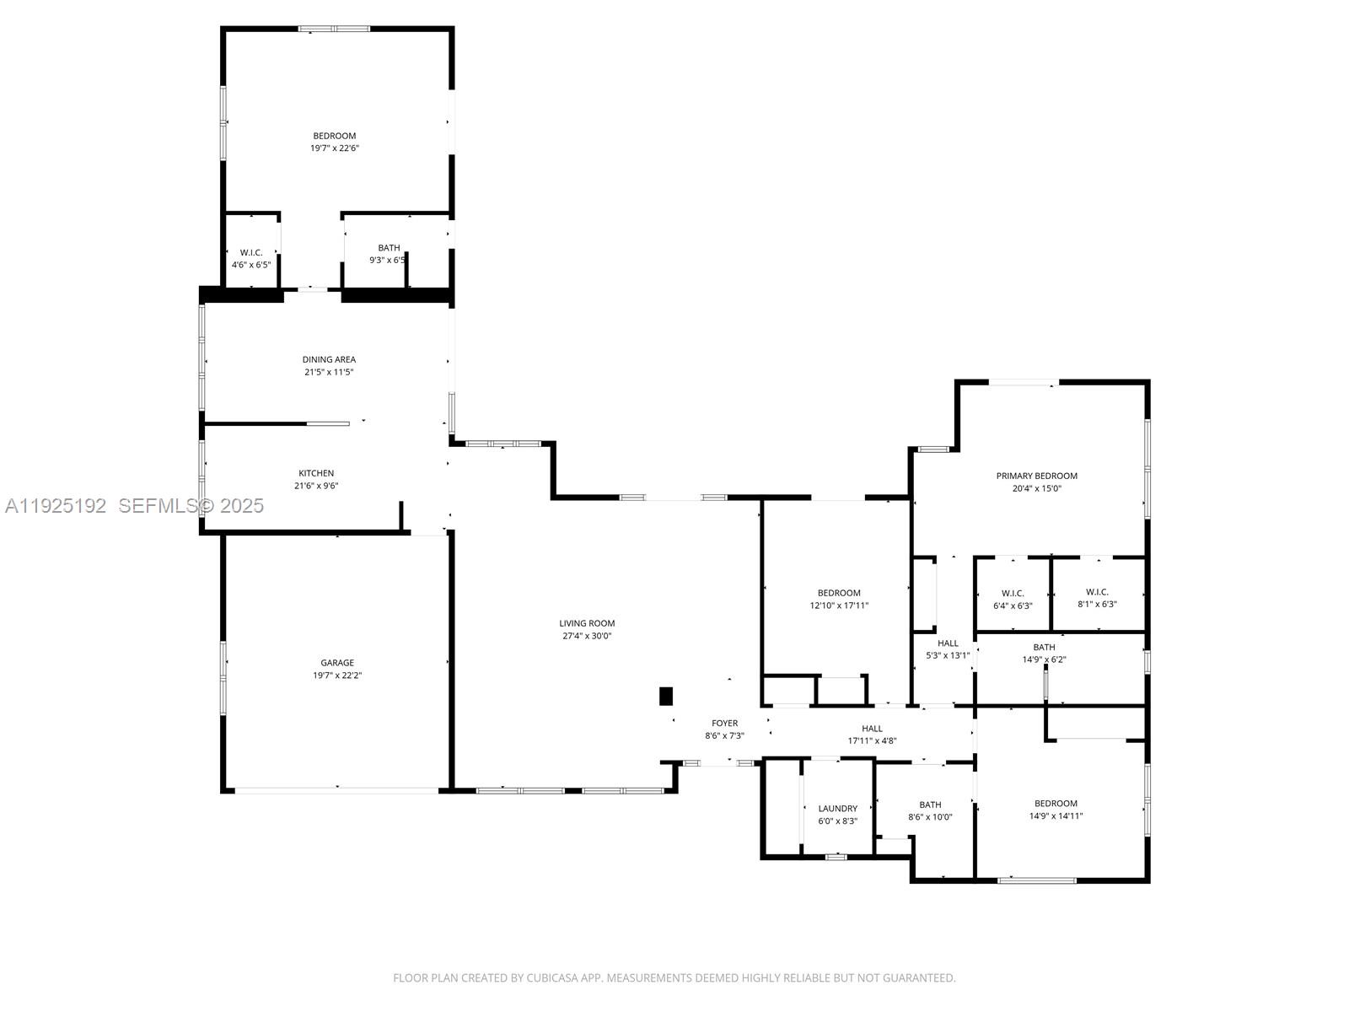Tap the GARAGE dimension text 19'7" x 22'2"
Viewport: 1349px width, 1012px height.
[336, 676]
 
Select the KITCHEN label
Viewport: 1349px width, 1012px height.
[316, 473]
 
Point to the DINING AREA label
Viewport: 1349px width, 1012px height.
[329, 359]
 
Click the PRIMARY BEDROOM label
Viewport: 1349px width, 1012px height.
[1036, 476]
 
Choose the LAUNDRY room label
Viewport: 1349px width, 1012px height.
[837, 808]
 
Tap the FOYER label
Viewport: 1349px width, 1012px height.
[724, 723]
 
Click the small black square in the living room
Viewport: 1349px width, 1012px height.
[666, 697]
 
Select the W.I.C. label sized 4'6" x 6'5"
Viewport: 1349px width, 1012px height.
[251, 252]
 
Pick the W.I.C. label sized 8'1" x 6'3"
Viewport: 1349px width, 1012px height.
[1097, 592]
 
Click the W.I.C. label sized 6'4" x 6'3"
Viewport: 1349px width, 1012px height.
[1013, 593]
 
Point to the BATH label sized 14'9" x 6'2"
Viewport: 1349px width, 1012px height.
[1044, 648]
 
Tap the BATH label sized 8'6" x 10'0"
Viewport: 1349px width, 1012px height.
[930, 805]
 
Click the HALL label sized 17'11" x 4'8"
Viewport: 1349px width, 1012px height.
[872, 729]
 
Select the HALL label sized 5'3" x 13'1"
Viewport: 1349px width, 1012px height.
[948, 643]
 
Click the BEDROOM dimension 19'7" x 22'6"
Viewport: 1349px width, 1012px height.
[335, 148]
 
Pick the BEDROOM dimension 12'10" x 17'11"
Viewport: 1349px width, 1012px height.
[839, 606]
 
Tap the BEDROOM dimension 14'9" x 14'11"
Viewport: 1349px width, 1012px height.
[1056, 816]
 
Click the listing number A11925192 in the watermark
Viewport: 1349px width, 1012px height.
[56, 505]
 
